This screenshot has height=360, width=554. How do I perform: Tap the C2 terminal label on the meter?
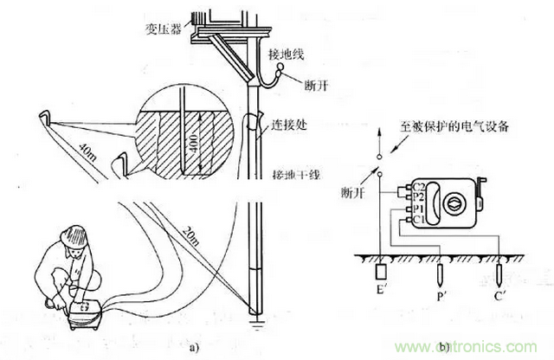417,185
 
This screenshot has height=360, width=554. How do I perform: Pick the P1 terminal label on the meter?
417,209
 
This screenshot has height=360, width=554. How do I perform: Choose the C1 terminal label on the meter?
417,221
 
